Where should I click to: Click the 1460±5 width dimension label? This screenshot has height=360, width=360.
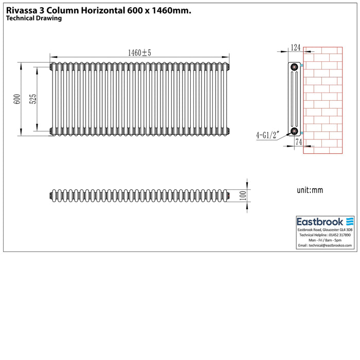[x=139, y=53]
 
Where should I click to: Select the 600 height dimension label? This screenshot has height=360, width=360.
[x=17, y=99]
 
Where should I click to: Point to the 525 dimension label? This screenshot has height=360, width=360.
[x=33, y=99]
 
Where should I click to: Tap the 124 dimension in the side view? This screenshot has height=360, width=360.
[x=296, y=47]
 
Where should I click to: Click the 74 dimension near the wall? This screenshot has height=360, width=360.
[x=298, y=142]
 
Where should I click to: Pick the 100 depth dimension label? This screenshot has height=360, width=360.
[x=243, y=195]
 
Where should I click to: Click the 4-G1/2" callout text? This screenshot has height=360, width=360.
[x=268, y=135]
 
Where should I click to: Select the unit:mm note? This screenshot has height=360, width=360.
[x=310, y=190]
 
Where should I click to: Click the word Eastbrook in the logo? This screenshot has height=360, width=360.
[x=320, y=222]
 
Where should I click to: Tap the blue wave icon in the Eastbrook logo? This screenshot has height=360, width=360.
[x=350, y=222]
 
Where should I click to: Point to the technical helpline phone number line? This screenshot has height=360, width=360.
[x=325, y=235]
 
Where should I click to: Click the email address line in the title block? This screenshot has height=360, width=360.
[x=325, y=245]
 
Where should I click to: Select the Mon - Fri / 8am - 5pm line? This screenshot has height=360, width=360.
[x=325, y=240]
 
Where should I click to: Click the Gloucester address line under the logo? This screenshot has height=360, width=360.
[x=325, y=229]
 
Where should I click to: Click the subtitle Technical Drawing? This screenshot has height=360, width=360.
[x=34, y=19]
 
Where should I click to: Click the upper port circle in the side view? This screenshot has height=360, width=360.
[x=294, y=67]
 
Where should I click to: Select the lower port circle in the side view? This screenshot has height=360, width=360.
[x=294, y=131]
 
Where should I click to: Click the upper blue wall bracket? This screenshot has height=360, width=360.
[x=302, y=65]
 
